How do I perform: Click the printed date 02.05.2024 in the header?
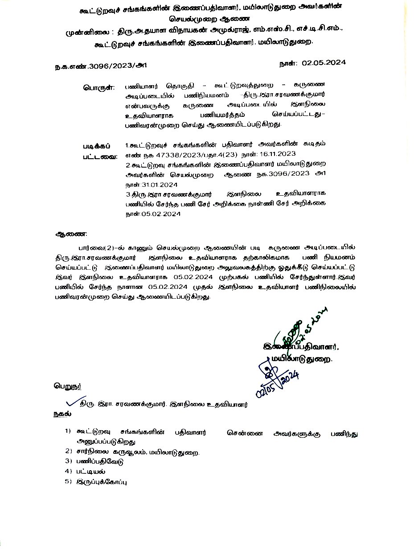coord(324,63)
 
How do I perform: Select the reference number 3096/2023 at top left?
coord(99,66)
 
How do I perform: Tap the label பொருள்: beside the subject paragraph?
coord(98,87)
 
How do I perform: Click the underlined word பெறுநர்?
coord(68,386)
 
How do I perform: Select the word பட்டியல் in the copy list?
coord(91,471)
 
